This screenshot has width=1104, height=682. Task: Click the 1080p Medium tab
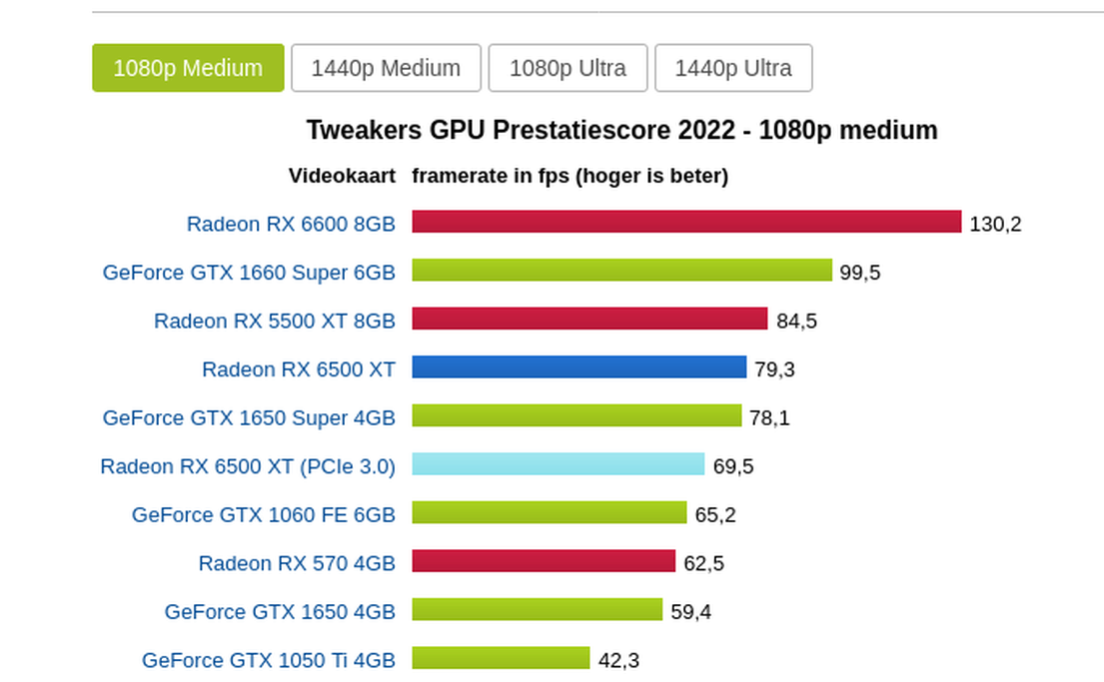(188, 68)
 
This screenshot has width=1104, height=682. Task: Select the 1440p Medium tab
(386, 68)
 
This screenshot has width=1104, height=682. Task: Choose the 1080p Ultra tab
(567, 68)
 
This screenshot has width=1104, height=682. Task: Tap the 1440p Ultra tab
(733, 68)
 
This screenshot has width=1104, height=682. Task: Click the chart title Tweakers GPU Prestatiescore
(621, 130)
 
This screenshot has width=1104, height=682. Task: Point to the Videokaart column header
(343, 176)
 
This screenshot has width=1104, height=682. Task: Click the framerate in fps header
(569, 176)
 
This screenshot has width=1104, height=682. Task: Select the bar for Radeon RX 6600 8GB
(686, 222)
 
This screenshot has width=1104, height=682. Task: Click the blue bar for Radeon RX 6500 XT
(579, 367)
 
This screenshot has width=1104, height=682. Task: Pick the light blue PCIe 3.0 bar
(558, 464)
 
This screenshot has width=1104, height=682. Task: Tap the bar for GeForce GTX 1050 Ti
(502, 658)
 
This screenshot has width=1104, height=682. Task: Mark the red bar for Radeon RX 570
(544, 561)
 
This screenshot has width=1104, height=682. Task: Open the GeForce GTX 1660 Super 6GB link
(249, 272)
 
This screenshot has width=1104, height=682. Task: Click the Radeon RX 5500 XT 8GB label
(275, 321)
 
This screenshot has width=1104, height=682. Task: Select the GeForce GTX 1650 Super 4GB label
(249, 417)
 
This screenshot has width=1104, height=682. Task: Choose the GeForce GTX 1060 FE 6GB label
(264, 514)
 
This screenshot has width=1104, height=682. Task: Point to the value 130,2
(995, 224)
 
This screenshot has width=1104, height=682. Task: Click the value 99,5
(860, 273)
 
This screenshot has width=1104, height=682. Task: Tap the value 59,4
(690, 612)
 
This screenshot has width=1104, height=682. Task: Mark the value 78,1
(769, 418)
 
